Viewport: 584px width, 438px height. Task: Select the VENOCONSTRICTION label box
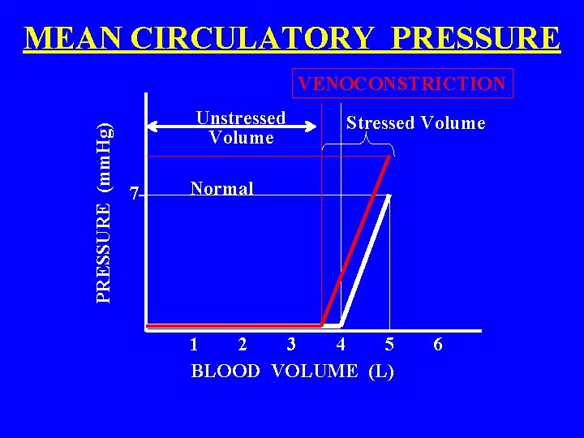point(402,83)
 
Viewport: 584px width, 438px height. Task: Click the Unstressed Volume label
point(241,127)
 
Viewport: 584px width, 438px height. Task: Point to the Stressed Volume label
point(415,123)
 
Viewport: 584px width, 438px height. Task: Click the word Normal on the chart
point(221,188)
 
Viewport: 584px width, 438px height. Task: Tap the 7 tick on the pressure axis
point(135,193)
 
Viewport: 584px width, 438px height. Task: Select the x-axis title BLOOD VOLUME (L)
point(292,371)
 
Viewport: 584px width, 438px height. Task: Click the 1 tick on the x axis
point(193,345)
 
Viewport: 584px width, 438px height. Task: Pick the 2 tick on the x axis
point(242,345)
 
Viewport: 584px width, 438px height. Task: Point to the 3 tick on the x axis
point(291,345)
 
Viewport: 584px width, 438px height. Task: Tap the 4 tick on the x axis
point(341,345)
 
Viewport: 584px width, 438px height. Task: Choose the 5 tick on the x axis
point(389,345)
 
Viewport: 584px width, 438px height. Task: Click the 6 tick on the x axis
point(438,345)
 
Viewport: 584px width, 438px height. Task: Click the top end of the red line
point(389,157)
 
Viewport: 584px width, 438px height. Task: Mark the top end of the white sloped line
point(389,196)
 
